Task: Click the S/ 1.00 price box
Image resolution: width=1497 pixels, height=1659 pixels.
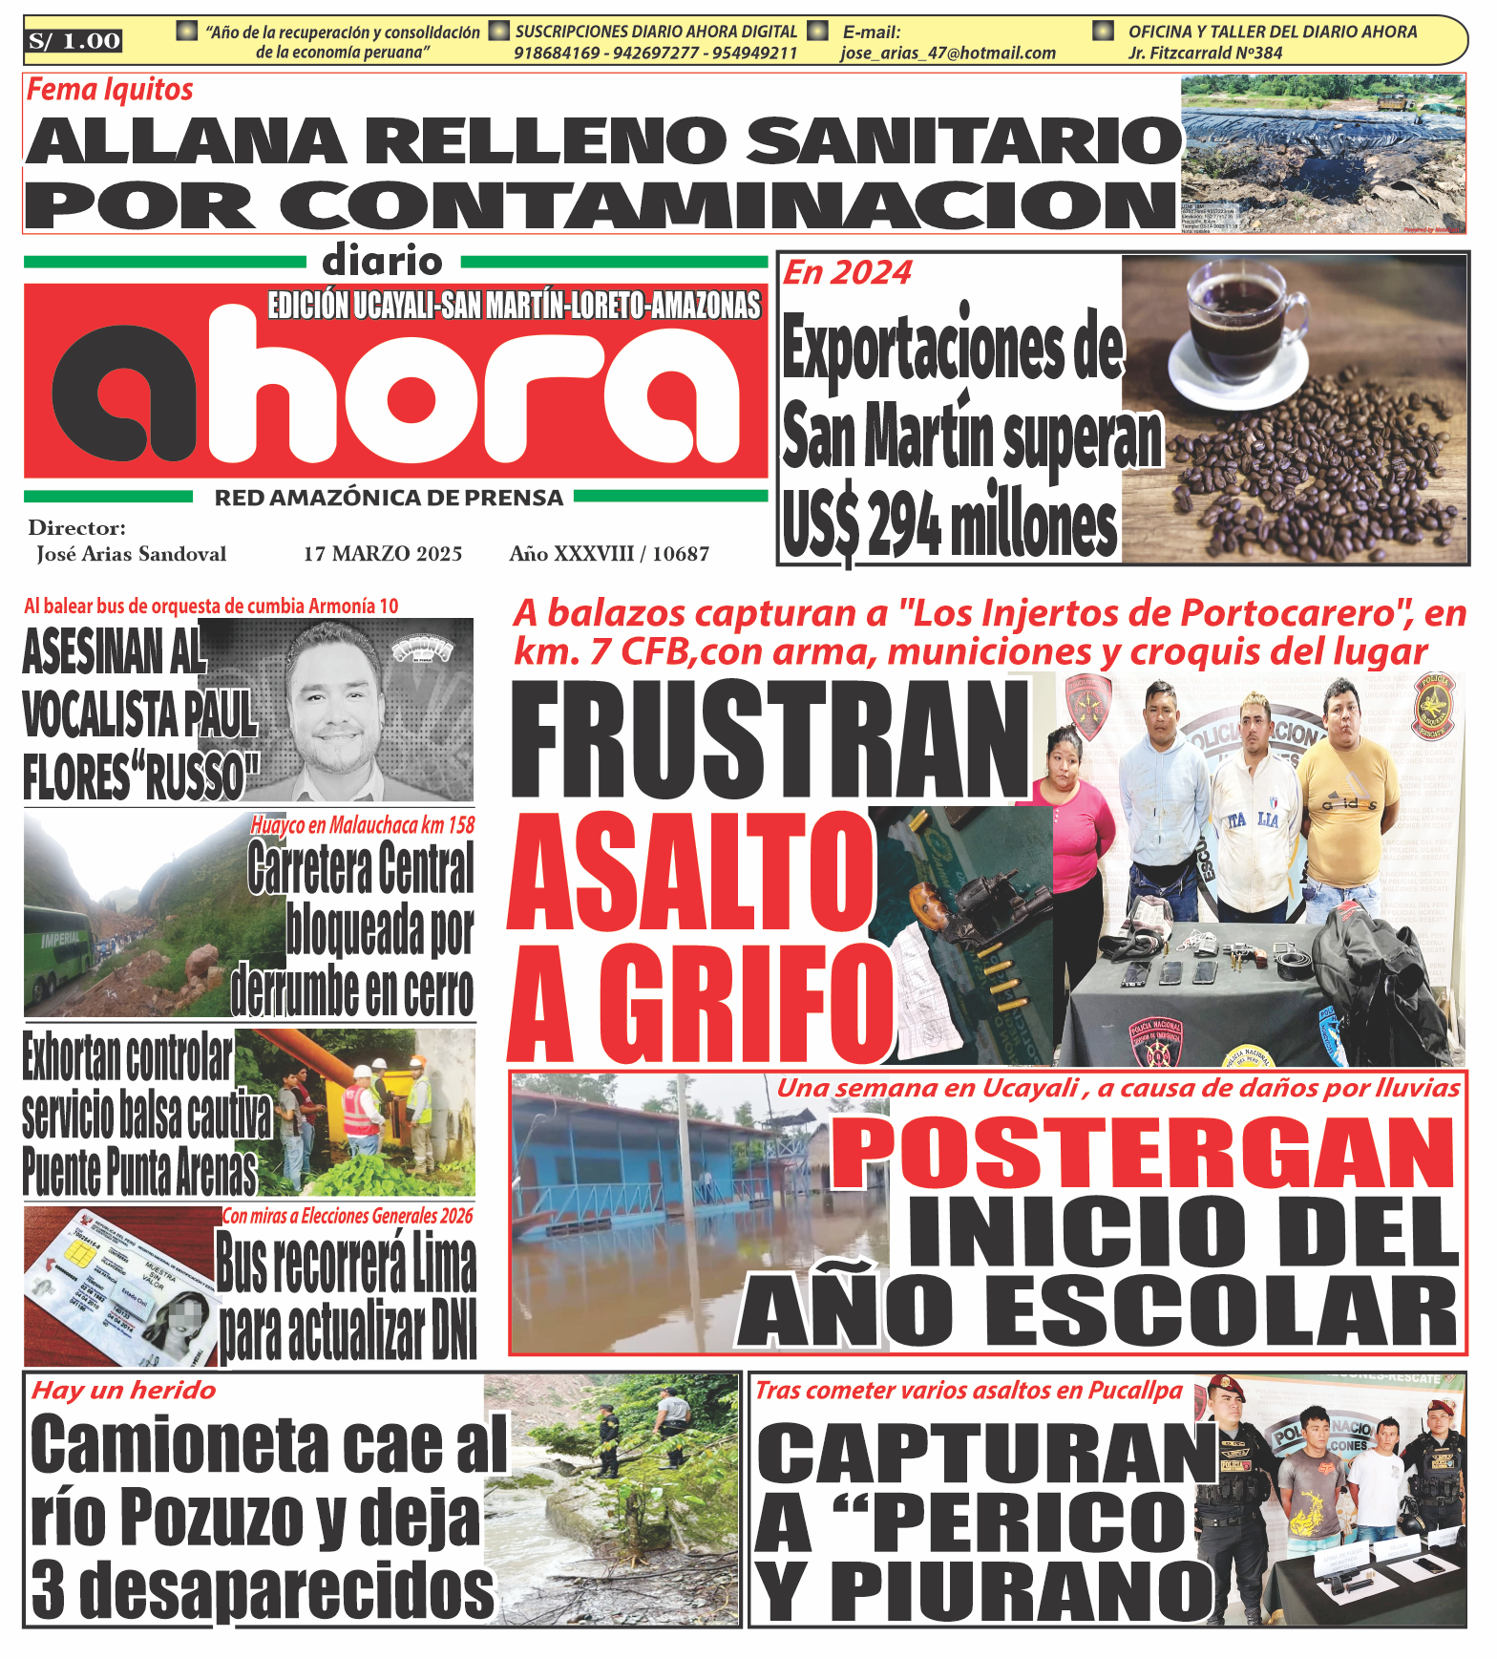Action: click(74, 41)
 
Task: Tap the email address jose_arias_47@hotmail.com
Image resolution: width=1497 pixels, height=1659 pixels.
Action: click(948, 53)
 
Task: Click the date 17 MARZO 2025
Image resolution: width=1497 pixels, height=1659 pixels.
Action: click(383, 554)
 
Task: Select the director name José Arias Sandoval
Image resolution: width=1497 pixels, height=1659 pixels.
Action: click(132, 554)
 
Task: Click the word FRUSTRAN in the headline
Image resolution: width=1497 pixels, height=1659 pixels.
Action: click(770, 740)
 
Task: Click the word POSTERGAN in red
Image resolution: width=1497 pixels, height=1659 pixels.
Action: click(1143, 1152)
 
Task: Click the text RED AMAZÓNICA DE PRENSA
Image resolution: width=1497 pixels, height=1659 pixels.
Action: click(389, 498)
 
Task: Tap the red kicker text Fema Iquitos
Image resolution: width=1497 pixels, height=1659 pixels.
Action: click(110, 90)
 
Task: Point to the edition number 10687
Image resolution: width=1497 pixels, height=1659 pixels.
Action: click(681, 554)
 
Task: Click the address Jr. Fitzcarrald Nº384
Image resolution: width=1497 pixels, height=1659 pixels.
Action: click(1205, 53)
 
